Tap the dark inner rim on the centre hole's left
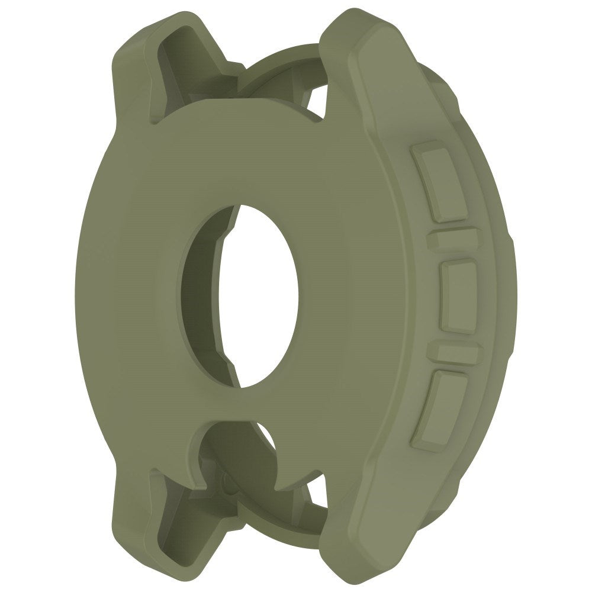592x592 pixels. click(x=204, y=296)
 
